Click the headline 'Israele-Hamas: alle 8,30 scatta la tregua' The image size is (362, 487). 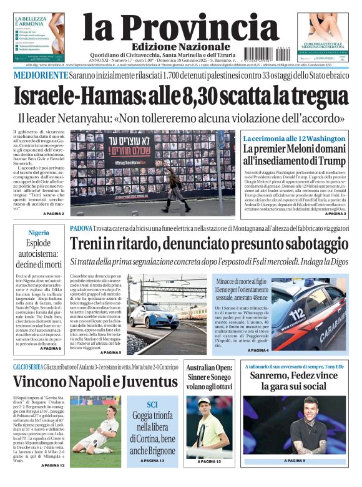tap(181, 96)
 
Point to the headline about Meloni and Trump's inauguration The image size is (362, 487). tap(295, 154)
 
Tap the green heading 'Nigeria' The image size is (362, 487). tap(38, 233)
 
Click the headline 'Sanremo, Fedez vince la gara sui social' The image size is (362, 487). tap(293, 381)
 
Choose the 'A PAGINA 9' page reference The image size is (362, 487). tap(293, 461)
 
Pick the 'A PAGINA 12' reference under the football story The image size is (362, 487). tap(52, 465)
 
